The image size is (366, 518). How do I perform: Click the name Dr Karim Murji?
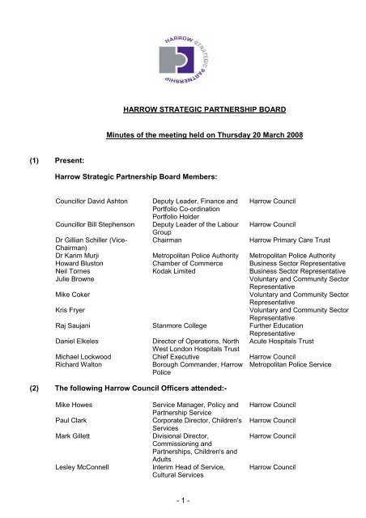click(77, 256)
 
